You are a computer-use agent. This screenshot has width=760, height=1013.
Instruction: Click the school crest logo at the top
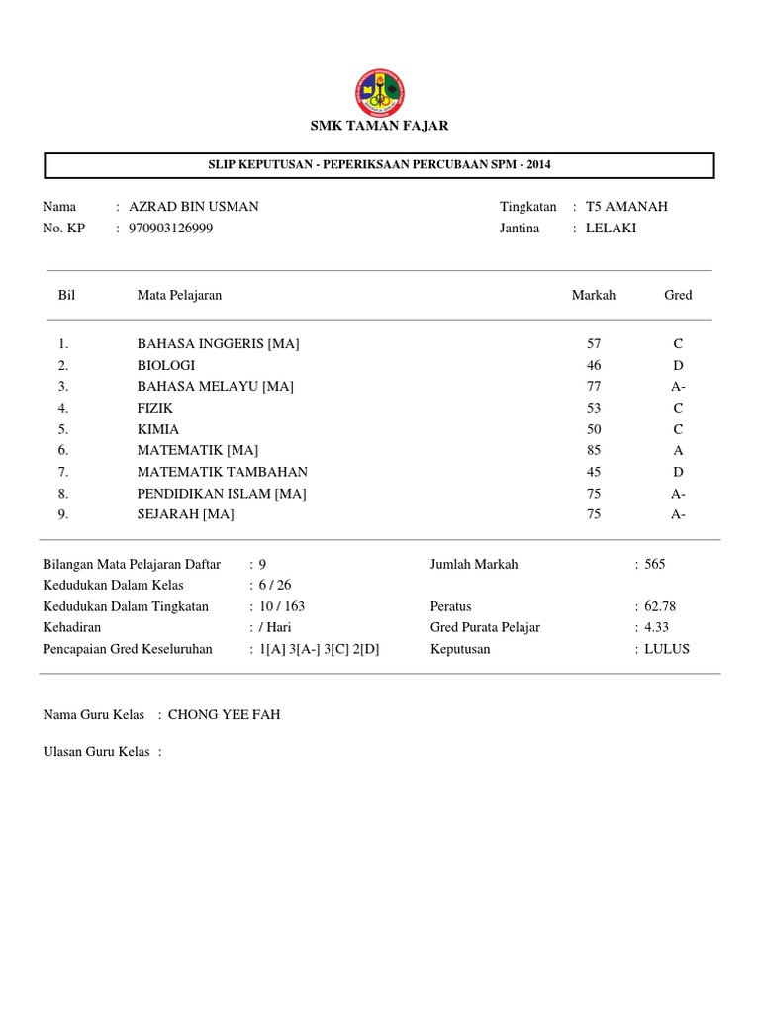click(x=379, y=91)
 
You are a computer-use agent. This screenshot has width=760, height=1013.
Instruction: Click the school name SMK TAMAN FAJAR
click(x=379, y=126)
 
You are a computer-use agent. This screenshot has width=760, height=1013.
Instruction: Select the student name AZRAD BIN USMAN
click(x=194, y=207)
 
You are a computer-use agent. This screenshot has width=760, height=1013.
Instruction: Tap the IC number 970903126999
click(x=171, y=228)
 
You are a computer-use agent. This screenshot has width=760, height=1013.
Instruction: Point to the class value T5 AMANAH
click(x=626, y=207)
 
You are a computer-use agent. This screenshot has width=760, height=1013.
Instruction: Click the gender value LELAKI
click(x=611, y=228)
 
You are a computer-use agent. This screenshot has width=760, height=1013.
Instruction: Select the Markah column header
click(x=594, y=295)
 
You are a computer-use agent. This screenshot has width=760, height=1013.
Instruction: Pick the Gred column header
click(x=678, y=295)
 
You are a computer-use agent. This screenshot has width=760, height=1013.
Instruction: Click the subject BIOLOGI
click(x=166, y=365)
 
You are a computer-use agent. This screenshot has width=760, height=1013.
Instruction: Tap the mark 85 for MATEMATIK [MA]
click(x=594, y=450)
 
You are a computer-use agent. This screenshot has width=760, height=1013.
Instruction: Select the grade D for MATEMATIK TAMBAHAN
click(x=678, y=472)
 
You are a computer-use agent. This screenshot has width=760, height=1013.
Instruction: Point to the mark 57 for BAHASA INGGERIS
click(x=594, y=344)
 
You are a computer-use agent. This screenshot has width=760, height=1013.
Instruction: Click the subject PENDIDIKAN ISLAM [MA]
click(x=222, y=493)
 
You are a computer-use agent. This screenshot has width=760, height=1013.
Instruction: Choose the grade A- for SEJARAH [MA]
click(x=678, y=514)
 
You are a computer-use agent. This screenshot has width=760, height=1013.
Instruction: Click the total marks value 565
click(x=654, y=564)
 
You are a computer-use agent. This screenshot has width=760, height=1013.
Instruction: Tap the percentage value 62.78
click(x=660, y=606)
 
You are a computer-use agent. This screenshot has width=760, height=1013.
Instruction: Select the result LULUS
click(x=666, y=649)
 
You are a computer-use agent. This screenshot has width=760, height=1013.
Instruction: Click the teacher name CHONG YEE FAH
click(x=224, y=714)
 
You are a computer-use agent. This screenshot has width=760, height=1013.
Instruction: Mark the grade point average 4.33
click(x=656, y=627)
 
